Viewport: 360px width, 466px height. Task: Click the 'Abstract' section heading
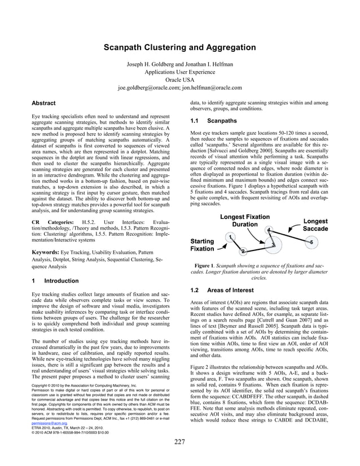point(43,103)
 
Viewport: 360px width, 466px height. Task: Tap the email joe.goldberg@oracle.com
point(148,87)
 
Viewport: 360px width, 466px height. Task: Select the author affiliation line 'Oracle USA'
point(179,80)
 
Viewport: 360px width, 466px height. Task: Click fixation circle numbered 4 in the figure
point(269,229)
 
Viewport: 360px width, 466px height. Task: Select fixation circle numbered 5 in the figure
point(311,242)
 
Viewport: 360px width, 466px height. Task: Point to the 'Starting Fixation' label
point(202,244)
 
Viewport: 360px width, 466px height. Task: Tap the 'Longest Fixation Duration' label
point(244,221)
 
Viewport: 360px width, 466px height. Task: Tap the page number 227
point(179,458)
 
